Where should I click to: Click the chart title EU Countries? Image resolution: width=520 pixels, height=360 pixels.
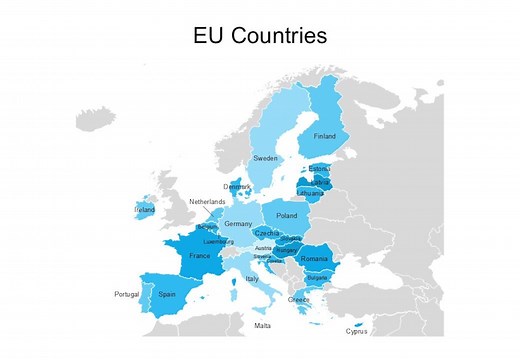[x=260, y=37]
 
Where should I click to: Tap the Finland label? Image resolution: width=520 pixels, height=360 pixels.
[x=325, y=137]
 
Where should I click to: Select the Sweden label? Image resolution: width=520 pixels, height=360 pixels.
[x=265, y=158]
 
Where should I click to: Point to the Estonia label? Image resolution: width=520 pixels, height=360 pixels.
[x=319, y=169]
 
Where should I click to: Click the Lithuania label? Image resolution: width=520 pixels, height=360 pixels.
[x=311, y=193]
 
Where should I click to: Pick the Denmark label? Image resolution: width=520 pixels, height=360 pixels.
[x=237, y=186]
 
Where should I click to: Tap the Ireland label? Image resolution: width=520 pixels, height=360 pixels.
[x=144, y=210]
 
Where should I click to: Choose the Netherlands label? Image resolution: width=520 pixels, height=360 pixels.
[x=208, y=202]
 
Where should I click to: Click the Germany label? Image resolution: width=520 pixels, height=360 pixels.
[x=239, y=224]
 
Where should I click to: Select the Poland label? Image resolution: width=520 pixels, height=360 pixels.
[x=287, y=216]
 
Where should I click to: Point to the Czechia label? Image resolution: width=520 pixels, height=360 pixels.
[x=267, y=233]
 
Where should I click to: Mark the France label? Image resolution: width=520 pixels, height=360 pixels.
[x=200, y=256]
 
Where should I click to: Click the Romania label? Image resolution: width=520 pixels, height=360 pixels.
[x=314, y=259]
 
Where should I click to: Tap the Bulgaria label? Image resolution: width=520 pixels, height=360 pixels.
[x=316, y=277]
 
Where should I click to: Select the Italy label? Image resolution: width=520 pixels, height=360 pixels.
[x=252, y=279]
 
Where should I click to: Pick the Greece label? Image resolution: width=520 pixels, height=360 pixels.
[x=299, y=299]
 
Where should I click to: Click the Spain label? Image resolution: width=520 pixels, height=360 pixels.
[x=167, y=294]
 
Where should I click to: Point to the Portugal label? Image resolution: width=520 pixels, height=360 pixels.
[x=126, y=294]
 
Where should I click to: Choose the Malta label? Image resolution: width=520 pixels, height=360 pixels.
[x=262, y=325]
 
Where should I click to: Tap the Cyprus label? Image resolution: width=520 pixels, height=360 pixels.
[x=357, y=331]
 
